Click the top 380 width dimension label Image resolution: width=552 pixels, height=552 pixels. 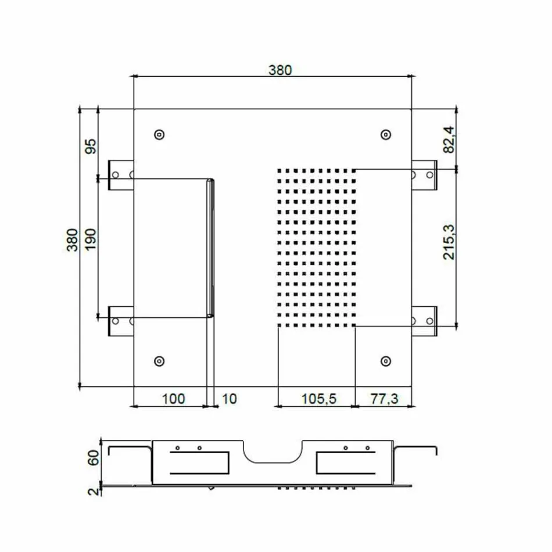tap(279, 70)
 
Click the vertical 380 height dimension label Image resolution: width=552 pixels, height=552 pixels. tap(73, 239)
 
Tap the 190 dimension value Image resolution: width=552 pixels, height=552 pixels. tap(90, 239)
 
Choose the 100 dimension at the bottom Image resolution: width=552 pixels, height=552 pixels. tap(173, 399)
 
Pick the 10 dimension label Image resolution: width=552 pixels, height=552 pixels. tap(230, 399)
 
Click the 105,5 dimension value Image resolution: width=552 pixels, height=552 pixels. tap(317, 399)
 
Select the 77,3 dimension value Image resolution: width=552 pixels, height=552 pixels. tap(383, 399)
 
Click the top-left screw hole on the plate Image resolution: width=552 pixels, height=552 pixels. tap(159, 135)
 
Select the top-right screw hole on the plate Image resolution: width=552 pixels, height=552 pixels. tap(385, 135)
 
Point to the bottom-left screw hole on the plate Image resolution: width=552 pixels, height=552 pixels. tap(159, 361)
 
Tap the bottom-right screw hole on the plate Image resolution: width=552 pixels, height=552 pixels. tap(385, 361)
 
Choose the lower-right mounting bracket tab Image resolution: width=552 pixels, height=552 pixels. tap(425, 321)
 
